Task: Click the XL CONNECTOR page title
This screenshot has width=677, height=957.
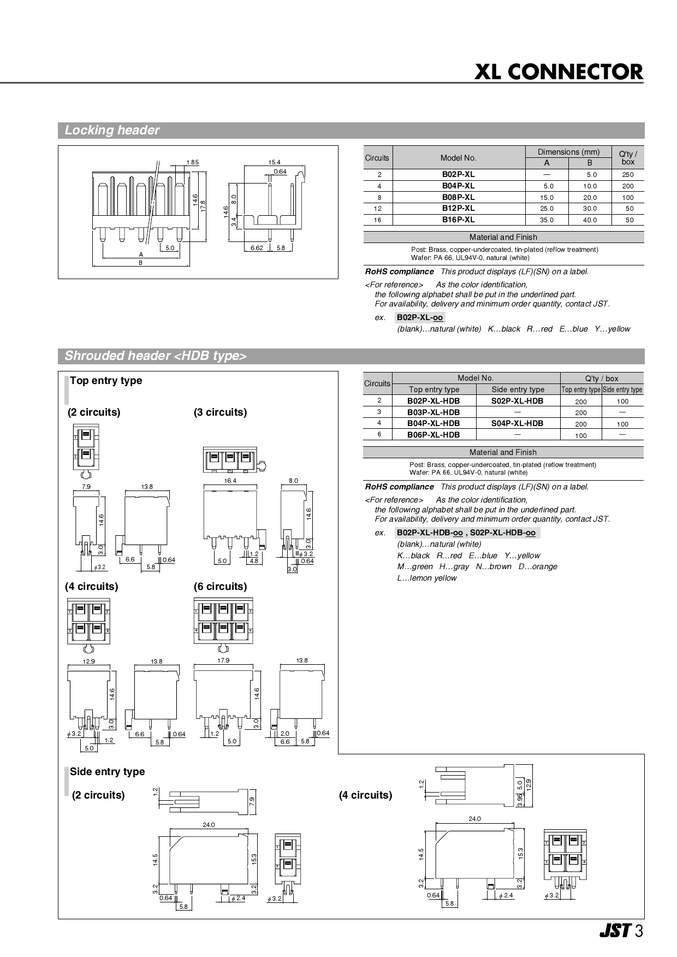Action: [x=559, y=72]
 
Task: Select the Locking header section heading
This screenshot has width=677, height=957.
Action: [x=112, y=130]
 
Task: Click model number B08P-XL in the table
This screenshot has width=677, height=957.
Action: [x=458, y=197]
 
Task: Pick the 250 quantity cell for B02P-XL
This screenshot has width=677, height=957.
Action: [x=628, y=175]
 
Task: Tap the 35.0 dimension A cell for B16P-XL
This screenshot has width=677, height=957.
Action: [x=547, y=220]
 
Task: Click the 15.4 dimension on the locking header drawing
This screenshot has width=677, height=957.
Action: [x=274, y=162]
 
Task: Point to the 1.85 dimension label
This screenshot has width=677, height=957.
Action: [x=192, y=162]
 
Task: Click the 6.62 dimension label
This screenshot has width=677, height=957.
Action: [x=257, y=248]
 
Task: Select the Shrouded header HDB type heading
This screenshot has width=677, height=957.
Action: [x=156, y=356]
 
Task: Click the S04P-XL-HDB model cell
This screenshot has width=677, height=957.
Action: [x=517, y=423]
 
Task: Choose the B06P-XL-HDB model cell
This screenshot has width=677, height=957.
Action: [x=433, y=435]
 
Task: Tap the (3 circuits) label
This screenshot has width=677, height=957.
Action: [x=220, y=412]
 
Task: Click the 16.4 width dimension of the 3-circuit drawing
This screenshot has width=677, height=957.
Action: [x=230, y=481]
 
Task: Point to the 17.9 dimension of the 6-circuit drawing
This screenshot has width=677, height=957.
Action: [x=223, y=660]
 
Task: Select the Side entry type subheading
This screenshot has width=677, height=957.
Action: [x=107, y=772]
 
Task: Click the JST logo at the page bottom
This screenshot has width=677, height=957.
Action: [x=615, y=931]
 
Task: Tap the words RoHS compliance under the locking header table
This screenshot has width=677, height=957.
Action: [x=399, y=271]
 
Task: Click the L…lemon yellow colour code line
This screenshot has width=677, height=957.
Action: [x=426, y=578]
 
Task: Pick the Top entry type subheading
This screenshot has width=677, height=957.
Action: [x=105, y=381]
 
